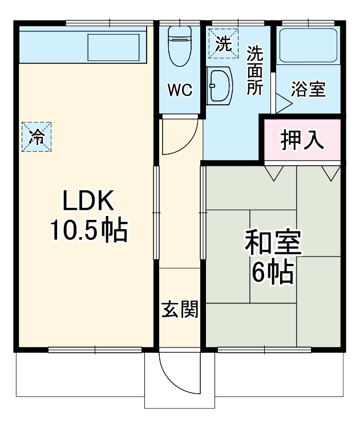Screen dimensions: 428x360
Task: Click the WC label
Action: point(179,90)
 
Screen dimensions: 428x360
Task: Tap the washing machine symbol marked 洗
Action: point(223,43)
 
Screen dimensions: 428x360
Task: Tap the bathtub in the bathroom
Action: point(308,46)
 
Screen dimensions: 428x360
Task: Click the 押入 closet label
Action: point(302,140)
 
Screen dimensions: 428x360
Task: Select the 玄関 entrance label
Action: point(179,310)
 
